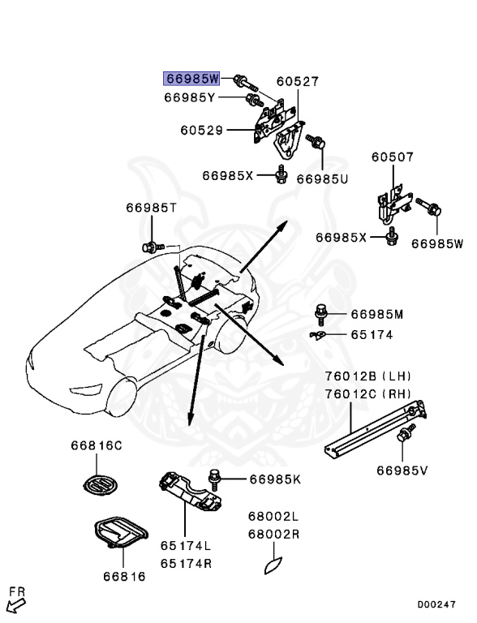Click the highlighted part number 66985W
(192, 79)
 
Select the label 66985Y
(189, 98)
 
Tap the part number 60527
(297, 82)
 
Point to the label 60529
(202, 130)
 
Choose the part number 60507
(393, 157)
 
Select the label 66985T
(151, 208)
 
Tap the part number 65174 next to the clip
(372, 333)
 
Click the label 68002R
(273, 535)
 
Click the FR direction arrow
(15, 601)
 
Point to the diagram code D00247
(437, 604)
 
